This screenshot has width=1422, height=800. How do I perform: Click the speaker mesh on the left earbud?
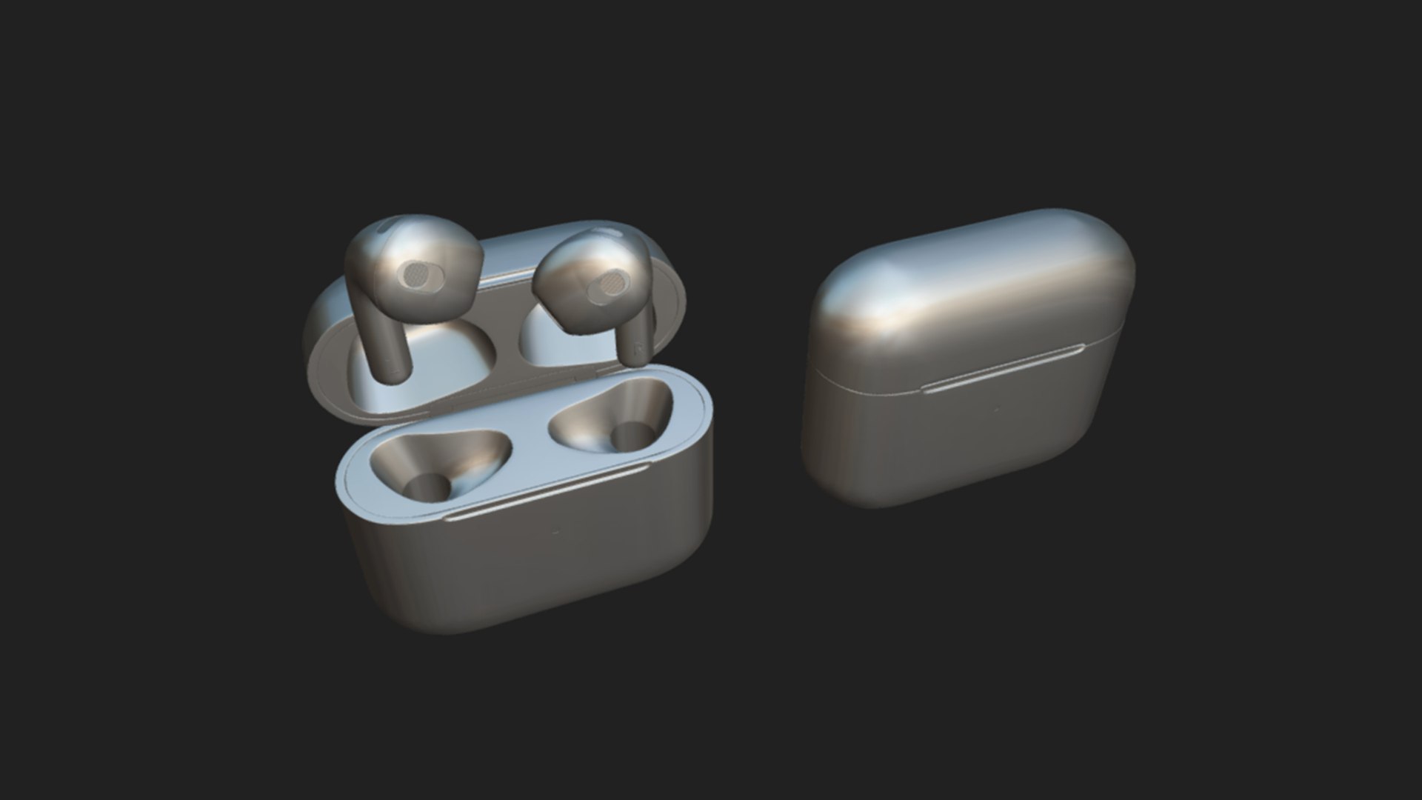pos(417,277)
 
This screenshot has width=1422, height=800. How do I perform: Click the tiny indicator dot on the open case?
pos(555,531)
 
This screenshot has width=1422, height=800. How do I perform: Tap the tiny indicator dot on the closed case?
pos(996,410)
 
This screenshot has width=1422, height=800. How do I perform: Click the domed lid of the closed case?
pos(970,289)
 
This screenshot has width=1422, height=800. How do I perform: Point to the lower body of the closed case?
pos(955,444)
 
